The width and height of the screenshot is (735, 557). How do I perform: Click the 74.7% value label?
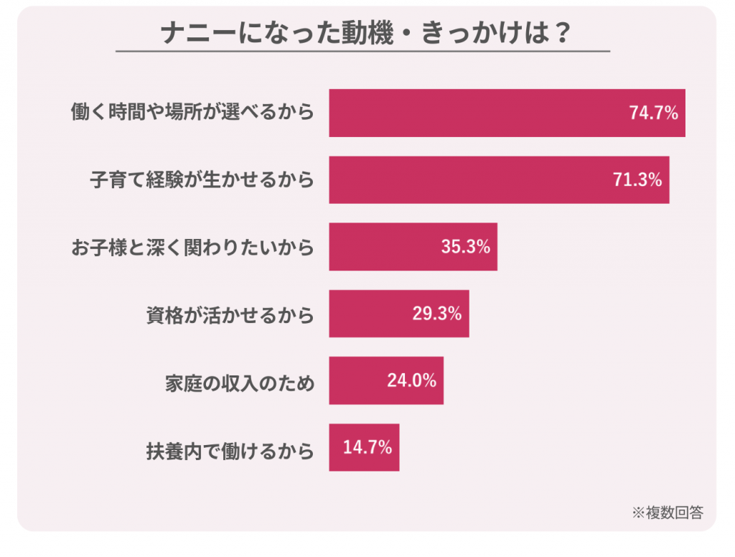654,113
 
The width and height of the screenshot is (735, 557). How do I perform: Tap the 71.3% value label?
637,180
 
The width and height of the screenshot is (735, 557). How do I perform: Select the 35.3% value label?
466,247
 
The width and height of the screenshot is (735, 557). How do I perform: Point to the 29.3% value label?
437,314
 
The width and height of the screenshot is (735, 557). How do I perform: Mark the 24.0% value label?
412,380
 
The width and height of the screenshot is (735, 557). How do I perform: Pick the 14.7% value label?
367,448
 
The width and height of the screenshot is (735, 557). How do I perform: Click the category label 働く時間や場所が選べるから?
192,113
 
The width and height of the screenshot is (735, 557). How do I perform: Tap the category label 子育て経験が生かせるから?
202,180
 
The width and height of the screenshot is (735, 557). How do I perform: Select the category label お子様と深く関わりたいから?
192,248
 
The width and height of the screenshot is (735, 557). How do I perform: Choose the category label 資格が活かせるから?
229,314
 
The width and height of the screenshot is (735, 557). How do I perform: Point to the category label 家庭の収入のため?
240,381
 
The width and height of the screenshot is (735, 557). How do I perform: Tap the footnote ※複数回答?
668,512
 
